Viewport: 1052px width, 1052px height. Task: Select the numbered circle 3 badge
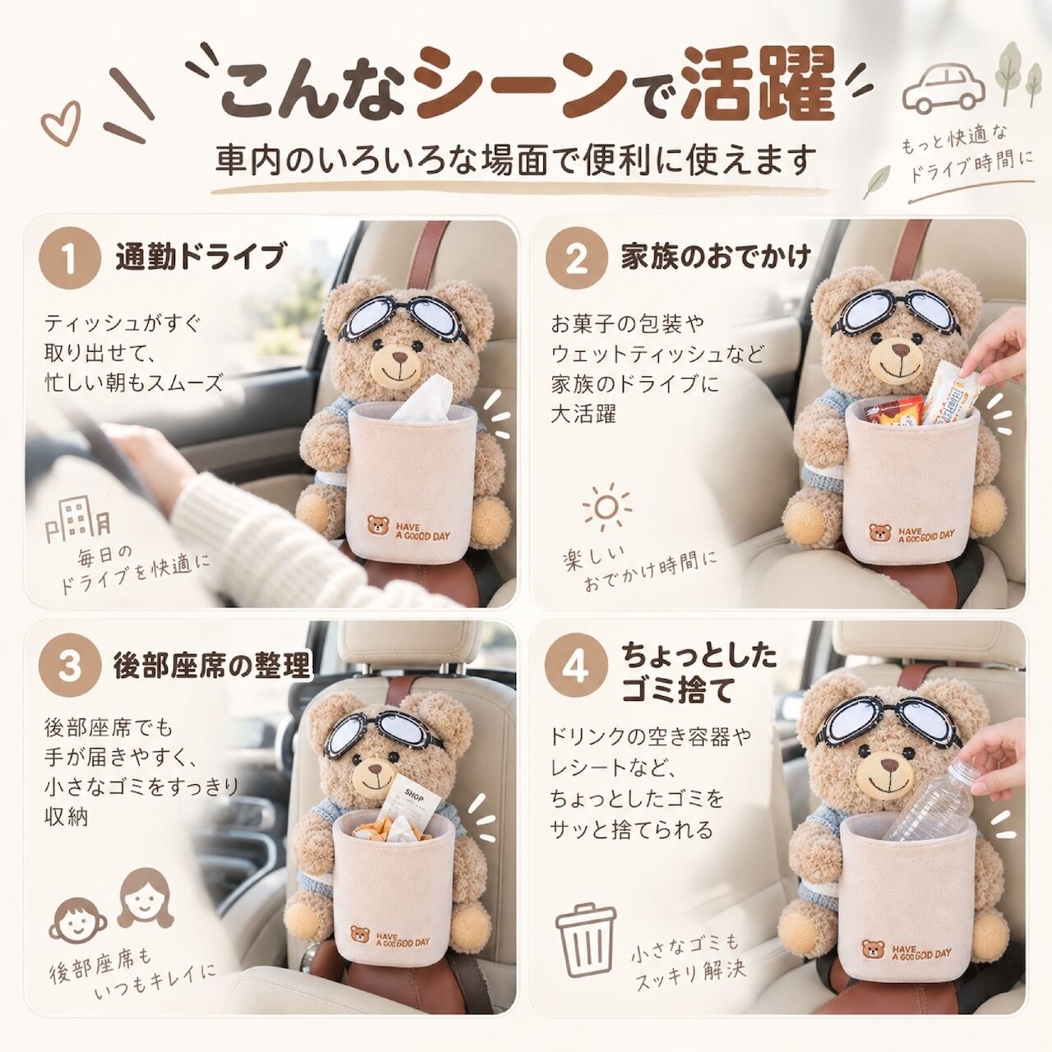70,667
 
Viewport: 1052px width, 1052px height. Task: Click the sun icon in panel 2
607,507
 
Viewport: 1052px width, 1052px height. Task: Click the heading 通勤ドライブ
200,257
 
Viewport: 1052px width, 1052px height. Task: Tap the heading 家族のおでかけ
716,257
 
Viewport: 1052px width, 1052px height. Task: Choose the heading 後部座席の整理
211,666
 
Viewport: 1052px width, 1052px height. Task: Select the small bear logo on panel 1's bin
377,525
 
